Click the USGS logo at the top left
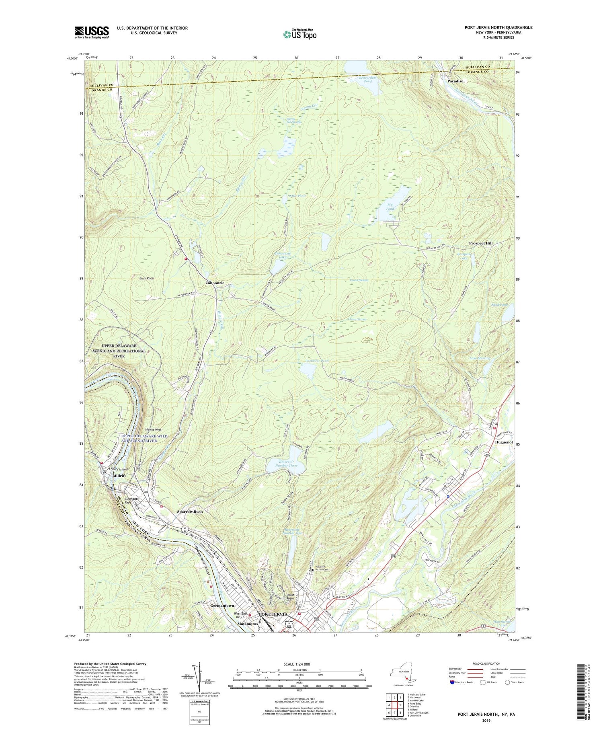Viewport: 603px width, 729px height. [92, 32]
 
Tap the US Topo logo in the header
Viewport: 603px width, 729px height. [299, 34]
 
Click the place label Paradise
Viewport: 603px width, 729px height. [455, 81]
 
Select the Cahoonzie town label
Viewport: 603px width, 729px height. [215, 283]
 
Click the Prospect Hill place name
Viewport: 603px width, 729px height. [480, 243]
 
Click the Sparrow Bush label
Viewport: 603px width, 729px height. [190, 511]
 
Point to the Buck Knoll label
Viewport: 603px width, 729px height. [146, 278]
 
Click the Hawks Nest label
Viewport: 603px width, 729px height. [153, 429]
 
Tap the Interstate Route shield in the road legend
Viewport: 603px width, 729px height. [452, 682]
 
